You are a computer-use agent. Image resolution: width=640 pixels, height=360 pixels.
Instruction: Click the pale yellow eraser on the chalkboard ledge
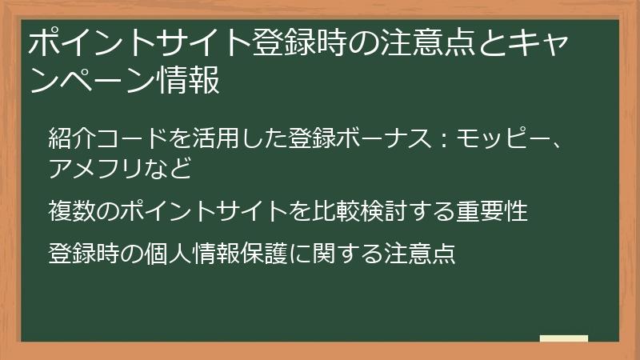(563, 338)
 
